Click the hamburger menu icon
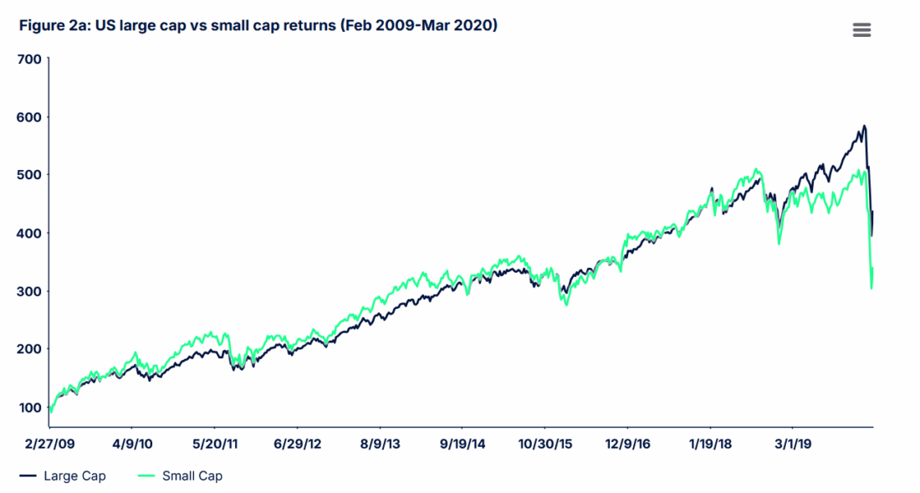coord(861,30)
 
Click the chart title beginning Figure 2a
coord(258,26)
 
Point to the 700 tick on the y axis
coord(28,59)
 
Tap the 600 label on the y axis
coord(28,117)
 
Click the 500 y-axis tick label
coord(28,175)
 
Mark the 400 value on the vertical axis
coord(28,233)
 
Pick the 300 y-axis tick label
coord(28,291)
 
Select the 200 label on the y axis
coord(28,349)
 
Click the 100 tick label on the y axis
coord(28,408)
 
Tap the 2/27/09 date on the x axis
coord(50,443)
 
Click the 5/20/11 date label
coord(215,443)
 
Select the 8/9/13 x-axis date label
coord(380,443)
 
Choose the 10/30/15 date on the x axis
coord(544,443)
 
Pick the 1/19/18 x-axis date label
coord(709,443)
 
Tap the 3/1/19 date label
coord(791,443)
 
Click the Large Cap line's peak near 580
coord(864,126)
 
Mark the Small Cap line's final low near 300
coord(871,288)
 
